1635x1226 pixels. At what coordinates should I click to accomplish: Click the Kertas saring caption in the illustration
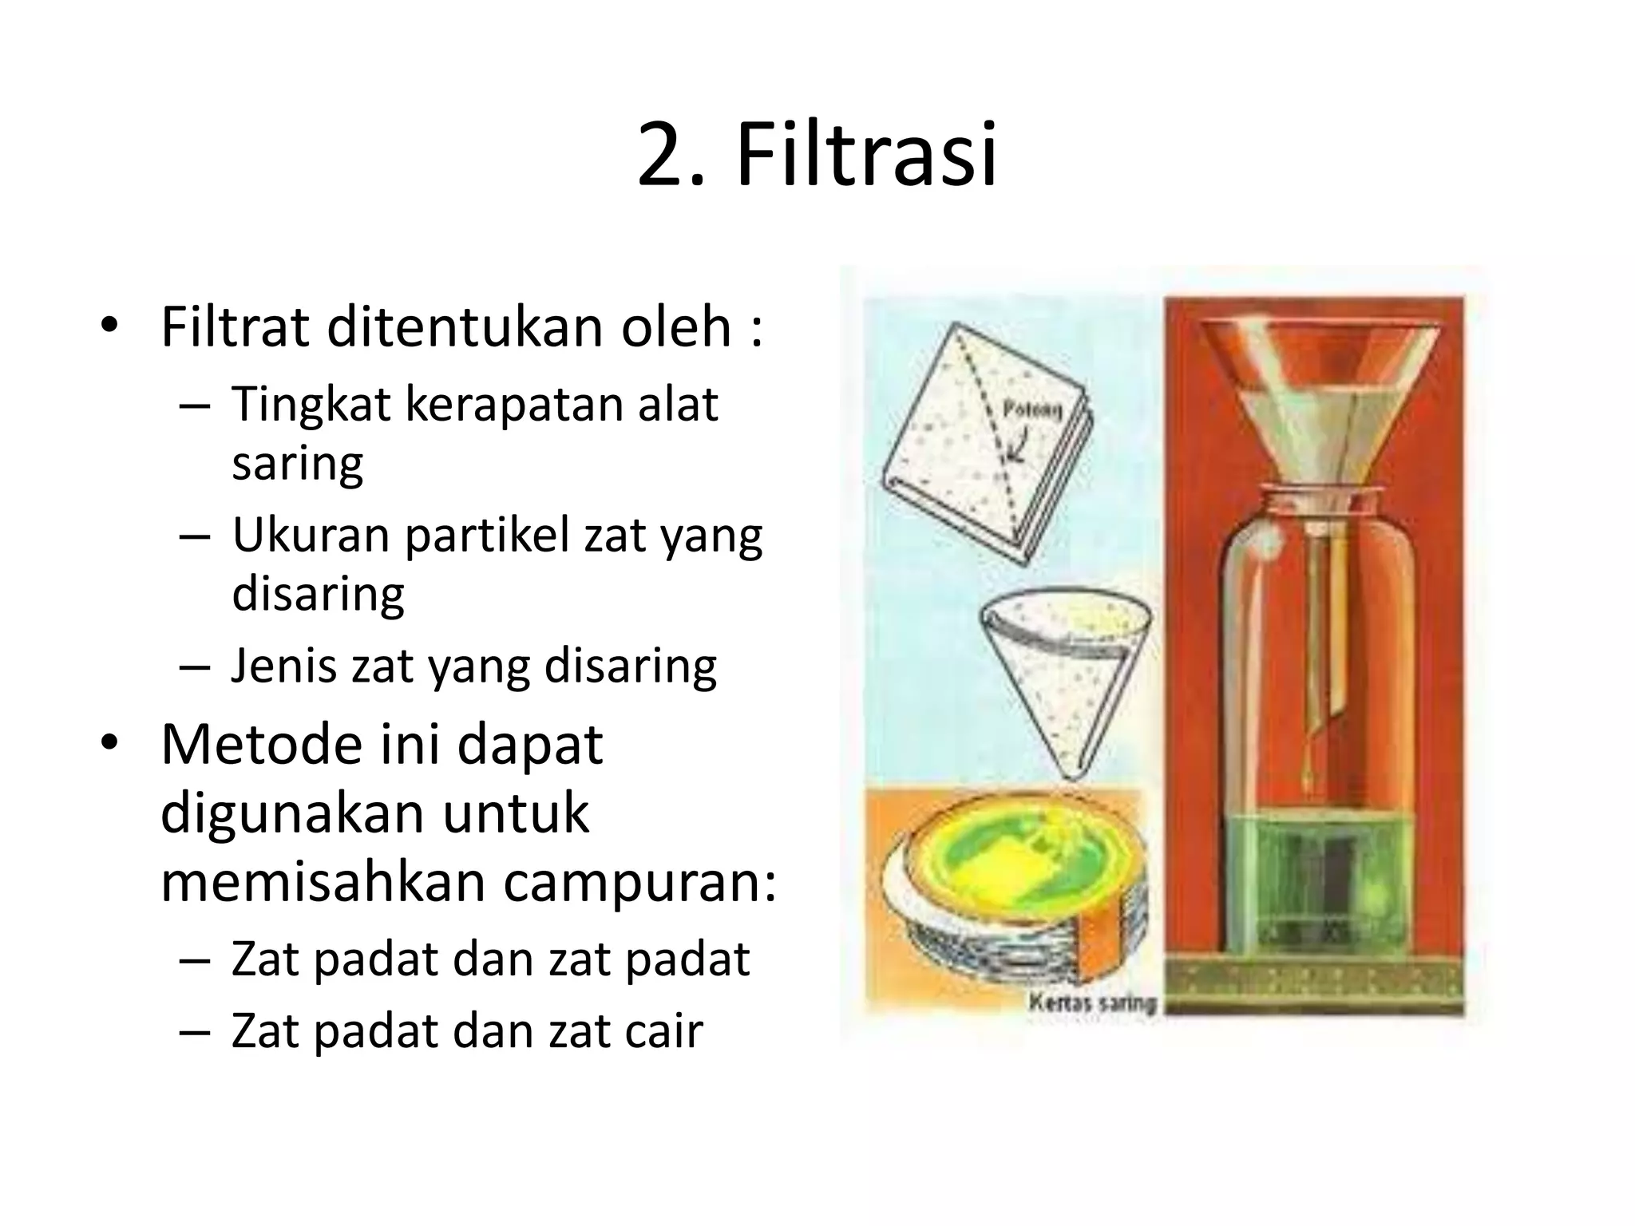coord(1092,1002)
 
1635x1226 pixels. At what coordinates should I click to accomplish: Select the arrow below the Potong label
coord(1017,448)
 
